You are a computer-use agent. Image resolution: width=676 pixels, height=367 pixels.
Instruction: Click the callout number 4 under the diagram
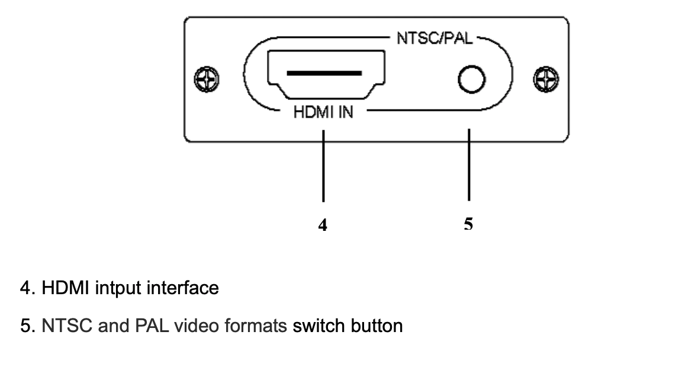(x=323, y=224)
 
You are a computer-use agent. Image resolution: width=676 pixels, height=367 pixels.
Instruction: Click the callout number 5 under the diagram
(x=468, y=224)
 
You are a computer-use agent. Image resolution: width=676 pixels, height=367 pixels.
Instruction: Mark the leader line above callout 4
(x=323, y=166)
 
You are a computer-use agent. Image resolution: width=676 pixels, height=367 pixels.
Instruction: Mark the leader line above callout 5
(x=469, y=166)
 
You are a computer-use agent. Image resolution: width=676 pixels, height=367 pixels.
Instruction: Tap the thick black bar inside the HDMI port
(x=324, y=73)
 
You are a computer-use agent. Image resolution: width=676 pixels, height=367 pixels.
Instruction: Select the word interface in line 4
(x=182, y=288)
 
